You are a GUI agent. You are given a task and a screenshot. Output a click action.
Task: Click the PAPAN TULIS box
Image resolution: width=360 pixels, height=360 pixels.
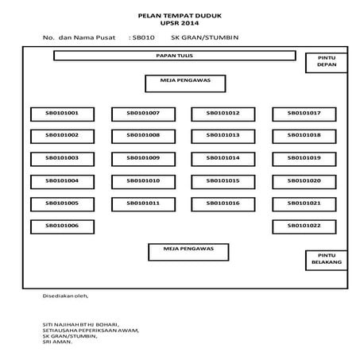pyautogui.click(x=174, y=56)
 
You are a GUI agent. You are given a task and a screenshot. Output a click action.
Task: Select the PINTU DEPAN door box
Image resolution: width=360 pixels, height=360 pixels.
pyautogui.click(x=327, y=63)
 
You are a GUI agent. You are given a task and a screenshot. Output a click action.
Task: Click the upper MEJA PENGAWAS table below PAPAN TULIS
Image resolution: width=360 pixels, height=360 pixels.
pyautogui.click(x=185, y=83)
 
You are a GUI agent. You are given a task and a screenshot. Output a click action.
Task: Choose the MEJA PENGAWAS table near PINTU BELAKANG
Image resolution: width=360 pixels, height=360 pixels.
pyautogui.click(x=189, y=251)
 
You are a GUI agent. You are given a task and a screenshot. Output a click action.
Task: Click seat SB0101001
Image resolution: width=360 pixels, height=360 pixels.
pyautogui.click(x=62, y=113)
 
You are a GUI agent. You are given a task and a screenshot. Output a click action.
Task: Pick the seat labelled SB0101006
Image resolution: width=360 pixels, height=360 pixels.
pyautogui.click(x=62, y=226)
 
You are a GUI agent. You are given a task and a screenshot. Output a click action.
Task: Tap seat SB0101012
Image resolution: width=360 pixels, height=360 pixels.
pyautogui.click(x=223, y=113)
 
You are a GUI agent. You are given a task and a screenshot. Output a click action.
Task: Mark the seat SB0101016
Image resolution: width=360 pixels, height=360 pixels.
pyautogui.click(x=223, y=203)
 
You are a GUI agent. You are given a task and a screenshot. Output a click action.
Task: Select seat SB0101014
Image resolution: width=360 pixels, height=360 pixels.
pyautogui.click(x=223, y=158)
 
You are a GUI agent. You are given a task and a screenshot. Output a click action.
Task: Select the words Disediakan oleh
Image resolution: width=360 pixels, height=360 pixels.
pyautogui.click(x=66, y=296)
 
